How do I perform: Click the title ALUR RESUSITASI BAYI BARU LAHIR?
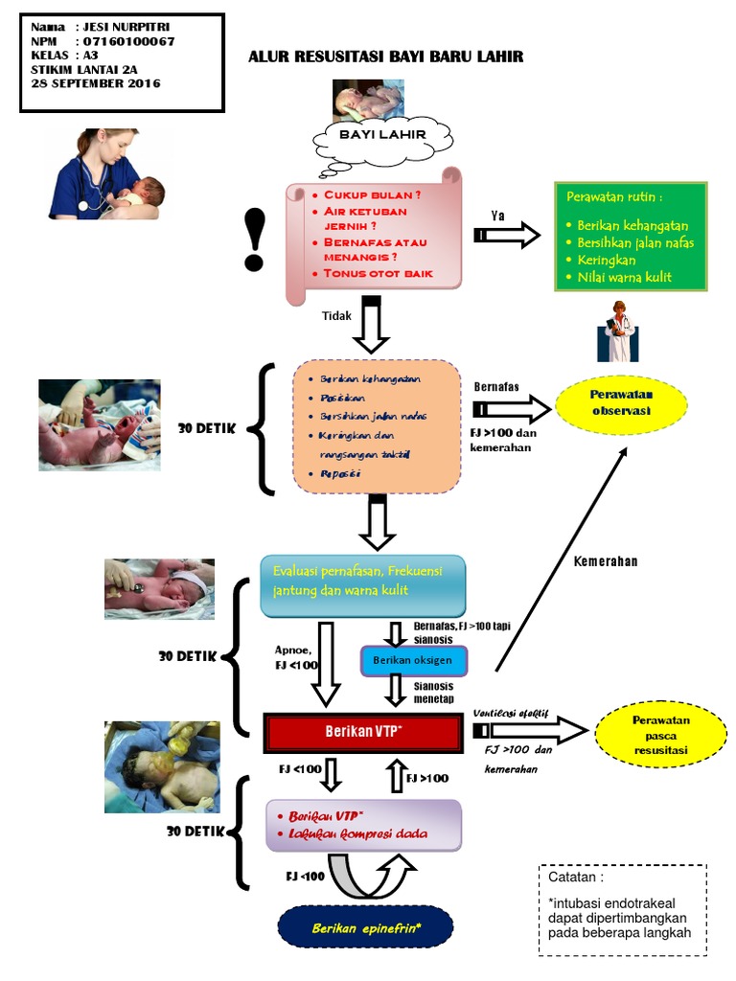click(x=386, y=57)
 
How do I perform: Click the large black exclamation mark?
click(x=254, y=240)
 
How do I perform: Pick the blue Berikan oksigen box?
click(x=413, y=661)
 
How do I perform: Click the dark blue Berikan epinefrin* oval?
click(x=366, y=928)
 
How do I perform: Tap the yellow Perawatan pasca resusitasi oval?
click(x=660, y=735)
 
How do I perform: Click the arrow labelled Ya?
click(x=507, y=235)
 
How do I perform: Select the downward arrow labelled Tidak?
click(x=371, y=326)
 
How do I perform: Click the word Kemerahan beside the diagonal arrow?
click(x=606, y=561)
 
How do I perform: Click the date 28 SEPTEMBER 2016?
click(x=96, y=83)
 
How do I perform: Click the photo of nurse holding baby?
click(x=106, y=174)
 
